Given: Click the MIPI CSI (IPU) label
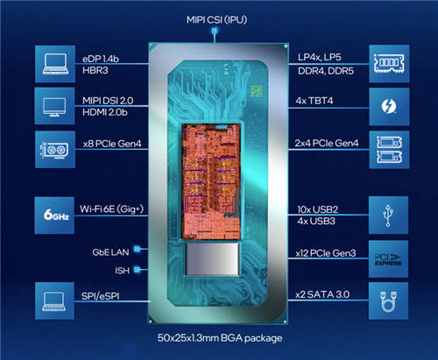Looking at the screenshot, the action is coord(216,20).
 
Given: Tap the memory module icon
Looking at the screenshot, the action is coord(389,64).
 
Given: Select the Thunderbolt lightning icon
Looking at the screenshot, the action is coord(389,106).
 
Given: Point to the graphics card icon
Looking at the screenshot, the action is coord(54,150).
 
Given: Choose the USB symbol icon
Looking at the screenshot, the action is coord(388,215).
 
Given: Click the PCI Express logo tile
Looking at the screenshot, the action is coord(388,259).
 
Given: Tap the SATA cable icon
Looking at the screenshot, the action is coord(388,301).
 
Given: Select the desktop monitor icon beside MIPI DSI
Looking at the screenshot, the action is coord(54,107).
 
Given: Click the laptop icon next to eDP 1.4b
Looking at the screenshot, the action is coord(55,64).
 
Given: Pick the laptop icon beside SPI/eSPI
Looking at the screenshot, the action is coord(54,302).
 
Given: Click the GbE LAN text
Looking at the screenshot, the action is coord(110,252).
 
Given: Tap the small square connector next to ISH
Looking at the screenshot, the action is coord(137,270).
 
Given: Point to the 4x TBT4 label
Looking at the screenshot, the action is coord(314,101).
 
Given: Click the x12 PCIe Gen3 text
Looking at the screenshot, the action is coord(326,253).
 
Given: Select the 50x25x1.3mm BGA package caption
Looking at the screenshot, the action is coord(220,338).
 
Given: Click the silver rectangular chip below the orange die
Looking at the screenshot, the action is coord(212,259).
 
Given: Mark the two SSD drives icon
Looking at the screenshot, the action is coord(389,150).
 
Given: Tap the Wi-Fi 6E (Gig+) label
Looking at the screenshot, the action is coord(111,209).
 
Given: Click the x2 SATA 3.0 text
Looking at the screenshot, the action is coord(322,294).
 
